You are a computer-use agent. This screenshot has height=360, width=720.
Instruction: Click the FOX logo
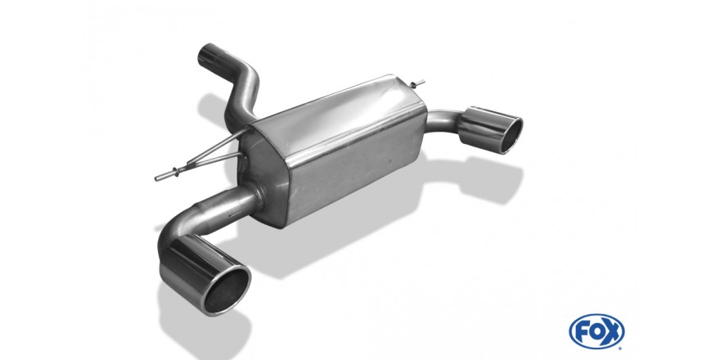pos(596,331)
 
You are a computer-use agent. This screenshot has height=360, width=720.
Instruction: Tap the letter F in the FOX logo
pos(582,331)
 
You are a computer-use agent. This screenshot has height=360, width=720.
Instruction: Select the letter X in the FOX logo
pos(611,331)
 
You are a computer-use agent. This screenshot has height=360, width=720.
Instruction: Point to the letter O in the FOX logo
pos(596,331)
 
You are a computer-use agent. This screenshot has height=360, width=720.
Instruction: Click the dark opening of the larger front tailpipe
pos(227,290)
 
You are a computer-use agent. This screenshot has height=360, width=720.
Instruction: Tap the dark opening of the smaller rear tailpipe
pos(511,135)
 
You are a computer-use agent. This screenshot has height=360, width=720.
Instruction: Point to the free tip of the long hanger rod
pos(156,178)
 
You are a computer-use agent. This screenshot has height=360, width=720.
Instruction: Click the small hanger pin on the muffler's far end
pos(417,83)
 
